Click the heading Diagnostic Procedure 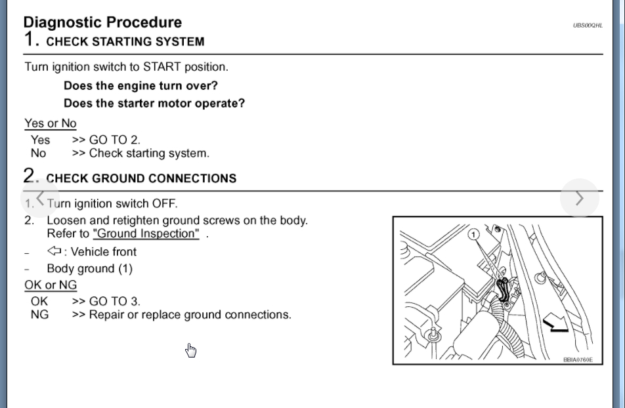pos(102,22)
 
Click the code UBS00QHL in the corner pos(587,26)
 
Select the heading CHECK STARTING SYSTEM pos(125,42)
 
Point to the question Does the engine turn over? pos(140,86)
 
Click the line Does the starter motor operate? pos(154,104)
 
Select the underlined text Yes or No pos(51,123)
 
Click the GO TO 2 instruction pos(106,140)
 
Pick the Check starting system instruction pos(141,153)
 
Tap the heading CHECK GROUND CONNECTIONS pos(141,178)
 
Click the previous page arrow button pos(40,197)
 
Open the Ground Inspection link pos(146,234)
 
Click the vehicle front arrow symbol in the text pos(54,251)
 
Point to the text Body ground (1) pos(89,268)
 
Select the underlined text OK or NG pos(51,285)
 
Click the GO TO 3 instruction pos(106,302)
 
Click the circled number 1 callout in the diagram pos(474,234)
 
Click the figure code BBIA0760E pos(578,359)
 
